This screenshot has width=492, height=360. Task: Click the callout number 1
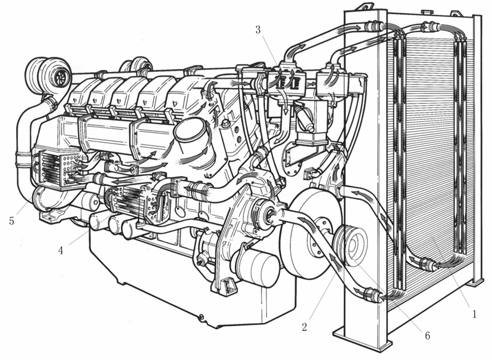[x=474, y=314]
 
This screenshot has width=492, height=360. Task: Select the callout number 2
[x=304, y=327]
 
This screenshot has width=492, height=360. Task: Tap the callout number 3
[x=258, y=30]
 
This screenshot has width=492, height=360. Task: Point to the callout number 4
[x=60, y=250]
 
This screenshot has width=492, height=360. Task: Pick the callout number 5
[x=12, y=221]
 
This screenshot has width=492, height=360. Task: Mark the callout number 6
[x=427, y=335]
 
